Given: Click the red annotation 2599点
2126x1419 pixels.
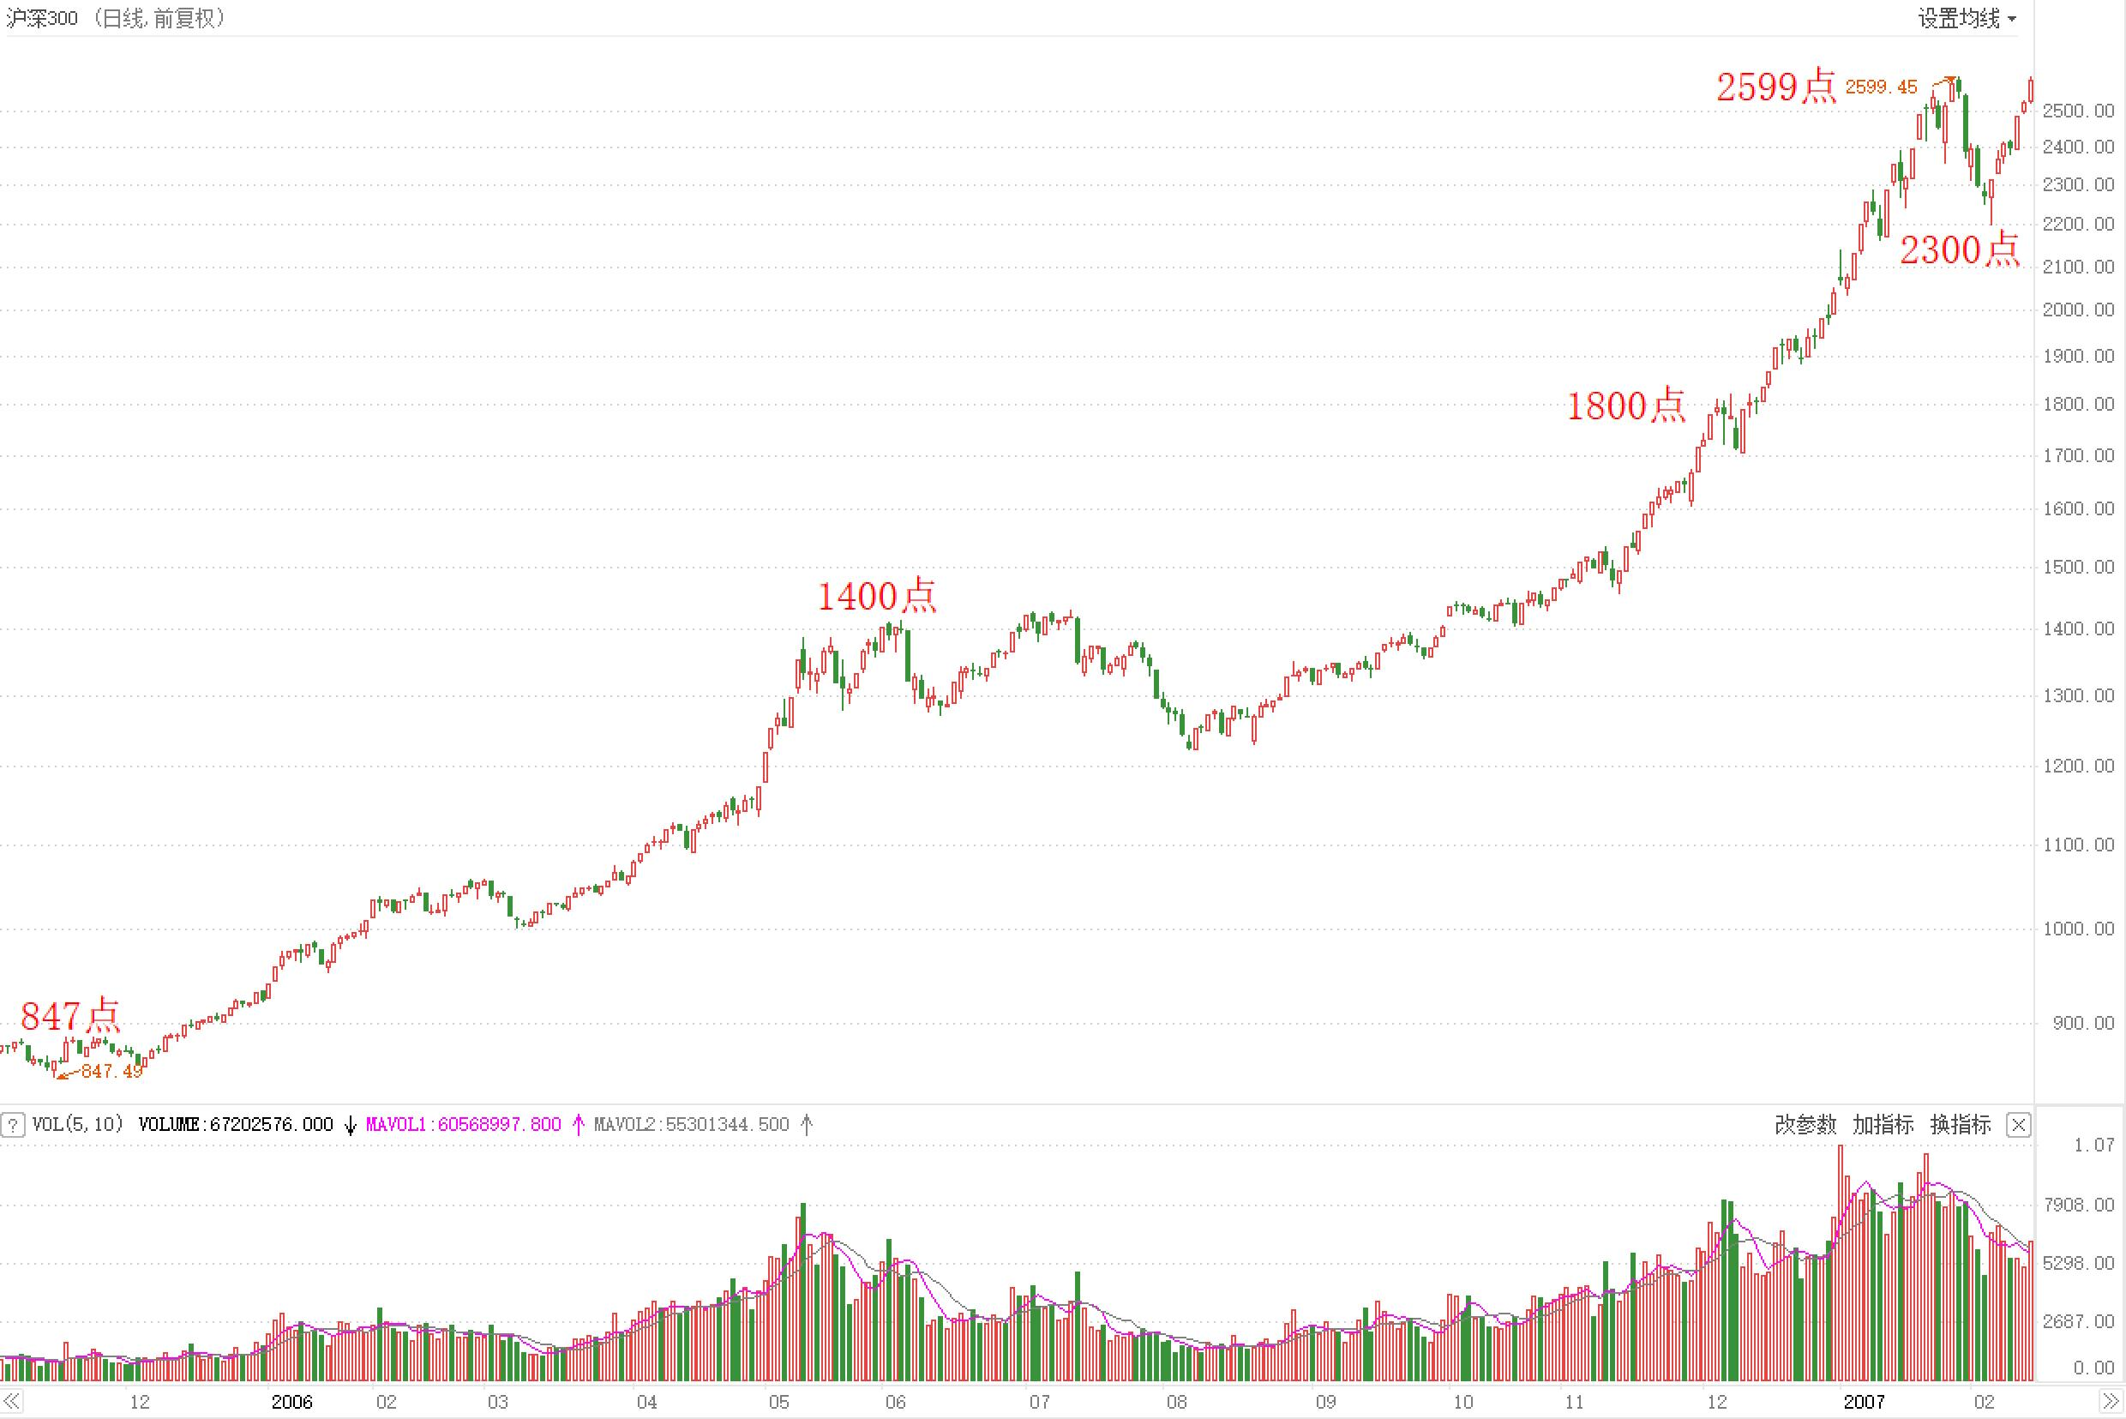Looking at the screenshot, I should (x=1776, y=87).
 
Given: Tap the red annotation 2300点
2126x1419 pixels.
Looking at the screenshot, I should (x=1959, y=250).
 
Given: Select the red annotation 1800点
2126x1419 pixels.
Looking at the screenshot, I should (x=1625, y=406).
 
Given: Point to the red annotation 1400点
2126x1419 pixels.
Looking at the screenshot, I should (x=876, y=597).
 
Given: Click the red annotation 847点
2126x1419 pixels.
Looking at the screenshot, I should (x=69, y=1016).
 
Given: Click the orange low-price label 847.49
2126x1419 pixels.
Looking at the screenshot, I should (x=111, y=1072).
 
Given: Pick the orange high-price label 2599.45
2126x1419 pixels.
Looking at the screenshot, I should (x=1881, y=87).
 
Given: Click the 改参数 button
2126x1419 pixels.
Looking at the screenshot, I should (x=1805, y=1124).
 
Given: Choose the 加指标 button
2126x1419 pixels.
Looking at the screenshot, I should (x=1883, y=1124).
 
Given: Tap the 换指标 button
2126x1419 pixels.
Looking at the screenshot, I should (x=1961, y=1124).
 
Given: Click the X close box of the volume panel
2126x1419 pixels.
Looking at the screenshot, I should (x=2018, y=1125).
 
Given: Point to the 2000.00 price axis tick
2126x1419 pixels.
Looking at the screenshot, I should (x=2078, y=310).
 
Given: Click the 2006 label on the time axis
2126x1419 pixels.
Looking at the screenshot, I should (x=291, y=1402).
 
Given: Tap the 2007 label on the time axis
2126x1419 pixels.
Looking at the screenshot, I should (x=1864, y=1402).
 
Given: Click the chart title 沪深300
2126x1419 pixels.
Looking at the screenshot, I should (x=42, y=18).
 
